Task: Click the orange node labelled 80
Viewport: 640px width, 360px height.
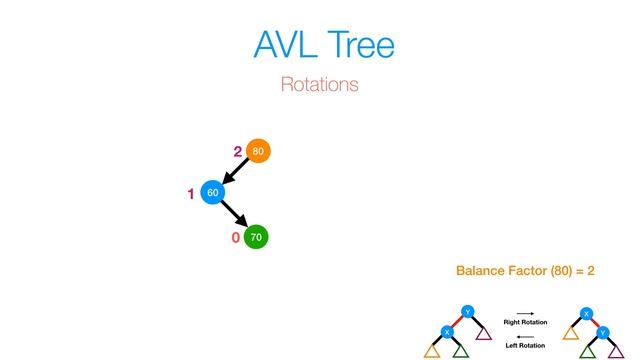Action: pyautogui.click(x=258, y=152)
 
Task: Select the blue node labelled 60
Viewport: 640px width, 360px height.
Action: pyautogui.click(x=211, y=192)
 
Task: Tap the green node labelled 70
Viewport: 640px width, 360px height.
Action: pyautogui.click(x=256, y=238)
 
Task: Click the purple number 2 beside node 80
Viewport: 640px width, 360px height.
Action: pyautogui.click(x=238, y=152)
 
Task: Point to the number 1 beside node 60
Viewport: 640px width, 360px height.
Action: pyautogui.click(x=190, y=194)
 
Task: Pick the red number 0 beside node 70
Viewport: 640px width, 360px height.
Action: pyautogui.click(x=235, y=239)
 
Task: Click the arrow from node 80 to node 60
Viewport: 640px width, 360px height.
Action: pyautogui.click(x=234, y=173)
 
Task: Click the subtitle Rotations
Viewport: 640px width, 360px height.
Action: pyautogui.click(x=319, y=85)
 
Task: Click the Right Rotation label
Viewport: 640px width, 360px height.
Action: pyautogui.click(x=525, y=322)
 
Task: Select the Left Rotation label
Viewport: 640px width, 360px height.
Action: pyautogui.click(x=525, y=345)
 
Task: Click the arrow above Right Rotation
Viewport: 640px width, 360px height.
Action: pyautogui.click(x=525, y=313)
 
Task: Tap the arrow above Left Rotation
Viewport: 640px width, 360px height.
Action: pyautogui.click(x=525, y=336)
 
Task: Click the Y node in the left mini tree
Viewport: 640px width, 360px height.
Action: pyautogui.click(x=466, y=311)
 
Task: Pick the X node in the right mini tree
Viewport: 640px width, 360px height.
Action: pyautogui.click(x=586, y=313)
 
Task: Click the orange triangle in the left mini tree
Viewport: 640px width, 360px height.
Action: pyautogui.click(x=433, y=351)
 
